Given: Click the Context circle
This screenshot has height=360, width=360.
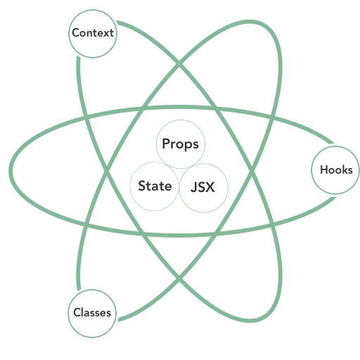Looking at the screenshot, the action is [x=93, y=34].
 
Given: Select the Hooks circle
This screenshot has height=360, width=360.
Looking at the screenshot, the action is [x=335, y=170].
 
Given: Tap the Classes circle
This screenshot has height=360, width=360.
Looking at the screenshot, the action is [x=92, y=314].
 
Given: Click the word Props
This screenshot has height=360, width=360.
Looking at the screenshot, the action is [x=181, y=144].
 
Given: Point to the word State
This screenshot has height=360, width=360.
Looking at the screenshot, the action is [x=155, y=186].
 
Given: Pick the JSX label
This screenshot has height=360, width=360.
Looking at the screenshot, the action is [x=202, y=187].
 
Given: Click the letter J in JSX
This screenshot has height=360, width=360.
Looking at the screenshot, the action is [x=194, y=187].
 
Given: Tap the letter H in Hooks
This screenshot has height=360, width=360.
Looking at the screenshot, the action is [x=324, y=169].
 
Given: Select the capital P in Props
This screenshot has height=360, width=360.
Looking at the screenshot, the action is [x=166, y=143].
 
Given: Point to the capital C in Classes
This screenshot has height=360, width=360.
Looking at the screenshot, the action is [x=77, y=312].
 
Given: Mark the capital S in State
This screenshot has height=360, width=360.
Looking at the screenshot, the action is [x=142, y=186].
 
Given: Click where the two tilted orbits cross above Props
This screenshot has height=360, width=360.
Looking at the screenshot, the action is [x=179, y=63].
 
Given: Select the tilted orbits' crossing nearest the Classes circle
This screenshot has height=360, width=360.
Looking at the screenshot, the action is [x=179, y=278].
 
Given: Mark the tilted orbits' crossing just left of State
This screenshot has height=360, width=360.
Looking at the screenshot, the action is [x=106, y=171].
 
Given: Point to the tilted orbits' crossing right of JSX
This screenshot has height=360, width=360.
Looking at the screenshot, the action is [x=252, y=171].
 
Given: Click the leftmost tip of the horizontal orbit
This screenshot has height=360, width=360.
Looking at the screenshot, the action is [x=11, y=171].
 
